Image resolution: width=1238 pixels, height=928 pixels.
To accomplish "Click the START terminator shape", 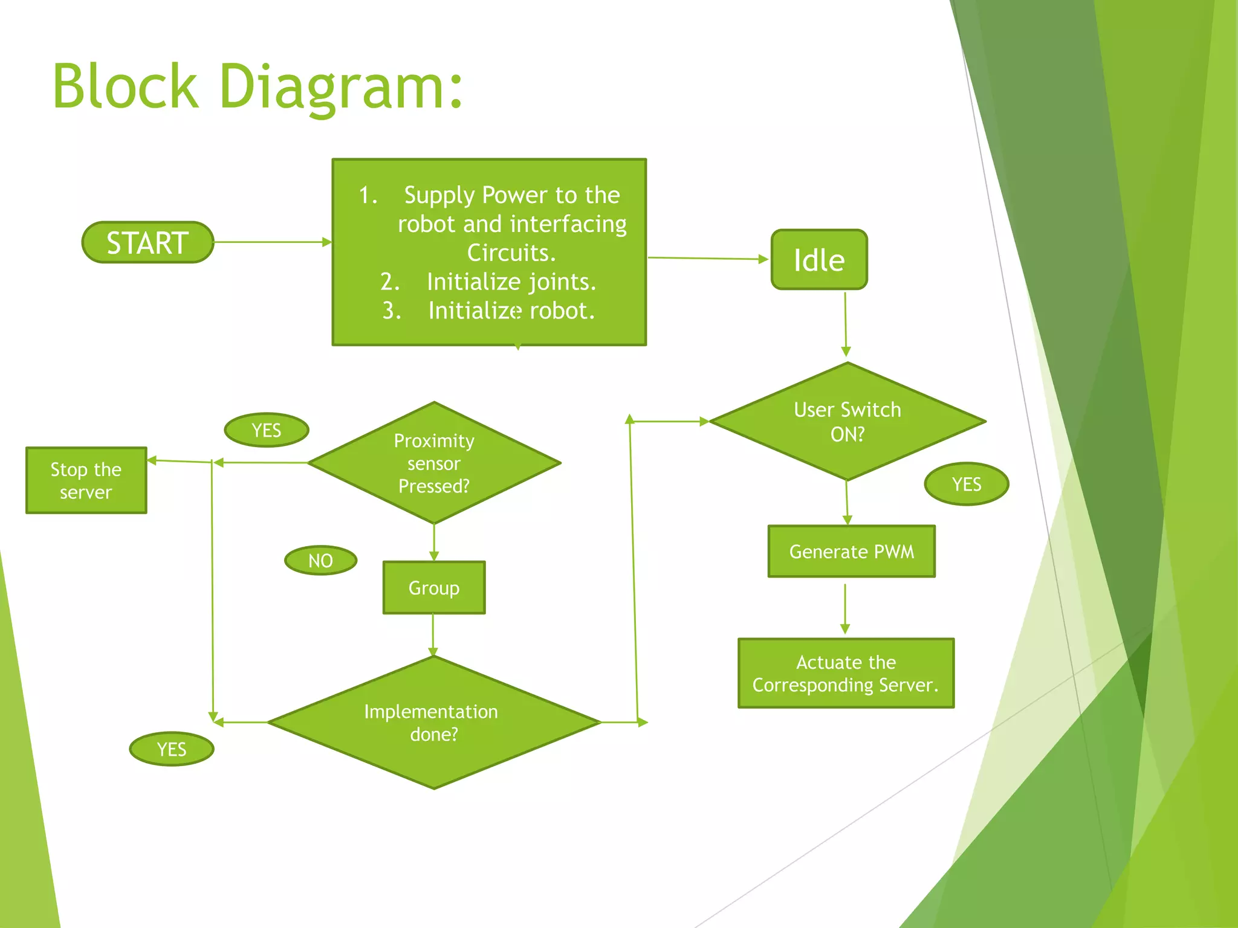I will coord(147,242).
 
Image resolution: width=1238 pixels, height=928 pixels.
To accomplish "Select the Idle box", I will coord(819,260).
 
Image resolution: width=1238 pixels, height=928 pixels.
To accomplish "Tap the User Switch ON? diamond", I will coord(847,422).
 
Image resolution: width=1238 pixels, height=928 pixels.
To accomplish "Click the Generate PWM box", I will coord(851,552).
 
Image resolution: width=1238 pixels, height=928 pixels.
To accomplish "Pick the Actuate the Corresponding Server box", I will coord(846,673).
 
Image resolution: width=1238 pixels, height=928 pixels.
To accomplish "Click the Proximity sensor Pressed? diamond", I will coord(434,463).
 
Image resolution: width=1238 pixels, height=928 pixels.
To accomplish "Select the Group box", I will coord(434,588).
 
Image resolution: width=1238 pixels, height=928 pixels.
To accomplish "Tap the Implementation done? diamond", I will coord(433,723).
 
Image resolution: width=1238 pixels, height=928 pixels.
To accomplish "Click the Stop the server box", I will coord(86,481).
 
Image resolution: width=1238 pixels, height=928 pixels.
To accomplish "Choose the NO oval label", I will coord(320,561).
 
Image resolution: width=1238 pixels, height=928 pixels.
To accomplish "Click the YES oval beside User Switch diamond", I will coord(966,484).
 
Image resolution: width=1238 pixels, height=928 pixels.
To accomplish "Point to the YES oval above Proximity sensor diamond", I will coord(267,430).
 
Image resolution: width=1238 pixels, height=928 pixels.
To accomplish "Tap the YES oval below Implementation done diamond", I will coord(172,749).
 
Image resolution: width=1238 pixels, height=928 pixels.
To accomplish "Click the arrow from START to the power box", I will coord(272,242).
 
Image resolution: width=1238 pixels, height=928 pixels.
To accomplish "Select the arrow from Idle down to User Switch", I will coord(846,323).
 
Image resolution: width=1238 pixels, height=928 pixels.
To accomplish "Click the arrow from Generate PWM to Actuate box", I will coord(845,607).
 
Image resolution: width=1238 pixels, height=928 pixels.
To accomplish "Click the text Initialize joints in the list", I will coord(511,282).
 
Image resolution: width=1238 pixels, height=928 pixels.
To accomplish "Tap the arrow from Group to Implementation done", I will coord(433,634).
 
